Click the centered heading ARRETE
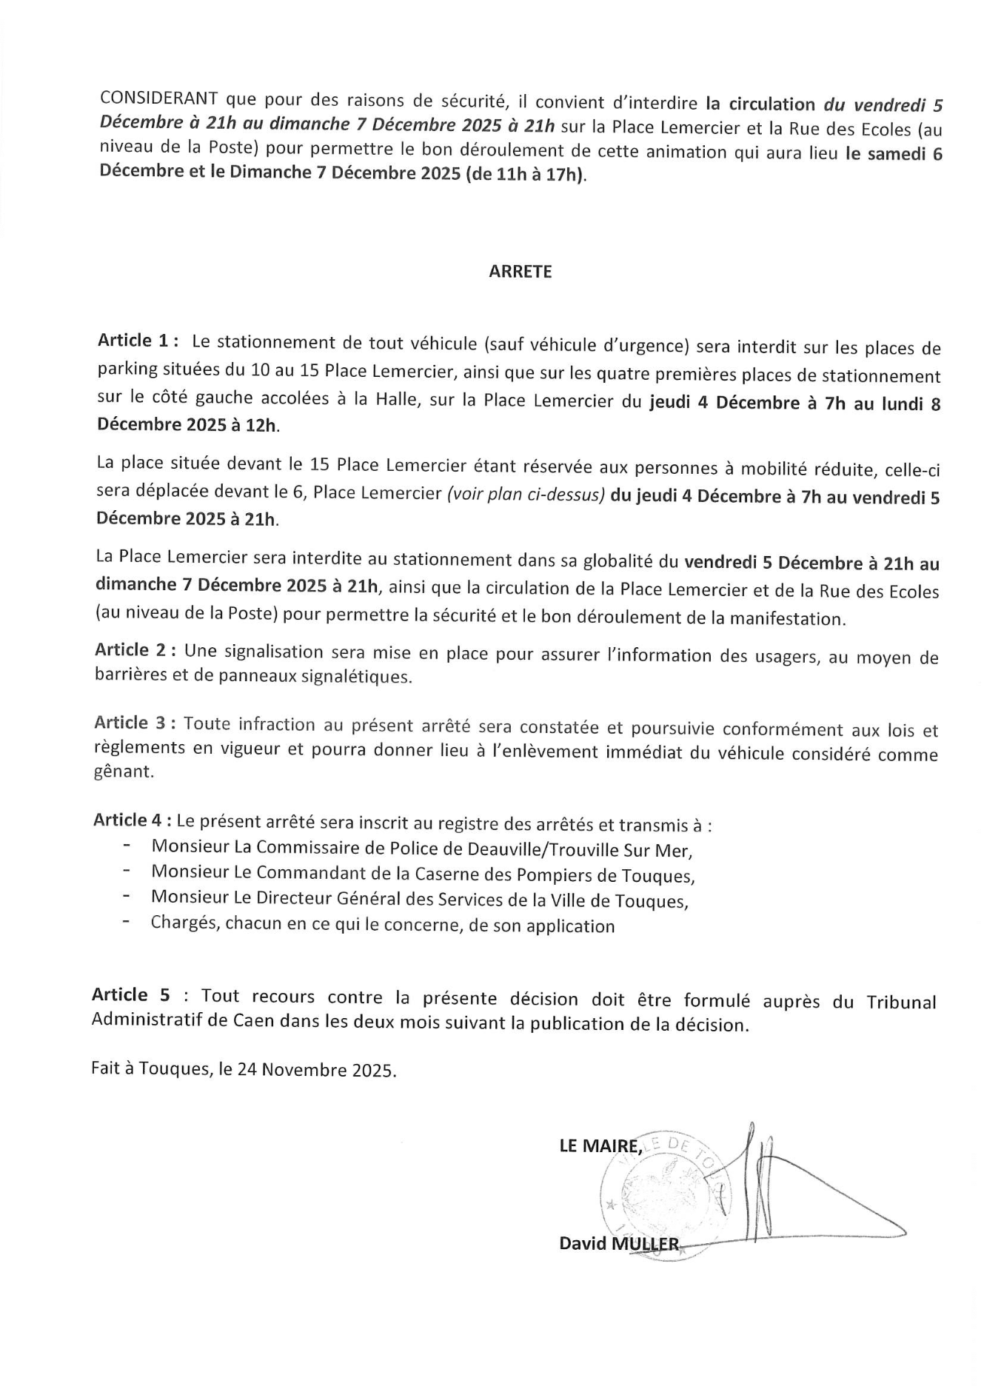520,272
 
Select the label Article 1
137,341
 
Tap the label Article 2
135,650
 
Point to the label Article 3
134,723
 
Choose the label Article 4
133,820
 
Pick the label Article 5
130,995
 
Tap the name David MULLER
619,1243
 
